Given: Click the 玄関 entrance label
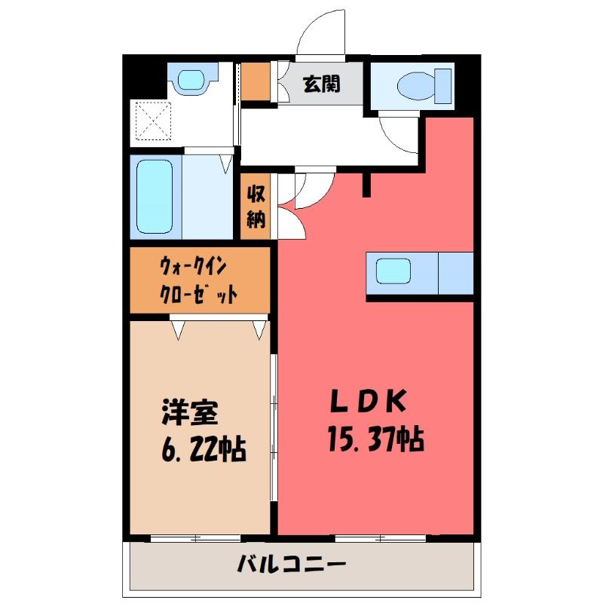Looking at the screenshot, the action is coord(321,84).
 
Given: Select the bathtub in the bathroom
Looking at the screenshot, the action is coord(155,197).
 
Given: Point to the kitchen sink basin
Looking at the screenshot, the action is coord(393,271).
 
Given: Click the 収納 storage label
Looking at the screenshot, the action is coord(256,206).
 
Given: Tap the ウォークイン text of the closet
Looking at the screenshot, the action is coord(194,266).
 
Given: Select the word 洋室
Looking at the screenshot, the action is coord(190,412).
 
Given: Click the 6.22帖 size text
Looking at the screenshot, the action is coord(204,448).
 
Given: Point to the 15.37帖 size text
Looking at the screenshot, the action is coord(375,439).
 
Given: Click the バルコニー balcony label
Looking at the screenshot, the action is coord(291,564).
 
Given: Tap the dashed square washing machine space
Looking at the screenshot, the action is coord(153,121).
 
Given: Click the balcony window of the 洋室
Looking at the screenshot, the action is coord(196,539).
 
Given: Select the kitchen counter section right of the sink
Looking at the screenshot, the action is coord(456,274).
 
